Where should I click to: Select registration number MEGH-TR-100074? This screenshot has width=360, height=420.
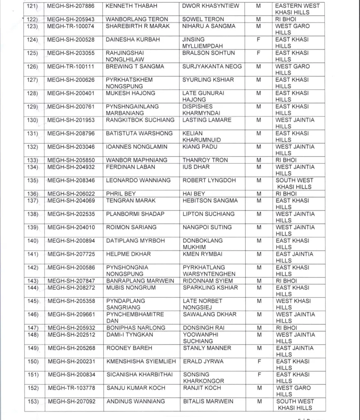(x=71, y=26)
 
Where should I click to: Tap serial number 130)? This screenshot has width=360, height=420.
(x=33, y=120)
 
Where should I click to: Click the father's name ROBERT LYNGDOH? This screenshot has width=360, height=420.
(x=208, y=180)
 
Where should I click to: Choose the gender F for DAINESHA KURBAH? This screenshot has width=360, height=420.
(x=258, y=40)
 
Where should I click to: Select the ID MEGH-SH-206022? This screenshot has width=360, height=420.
(x=71, y=194)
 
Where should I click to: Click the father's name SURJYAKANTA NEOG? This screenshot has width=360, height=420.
(x=212, y=66)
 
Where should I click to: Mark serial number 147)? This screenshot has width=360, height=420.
(x=33, y=328)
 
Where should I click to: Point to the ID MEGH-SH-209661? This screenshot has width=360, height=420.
(x=71, y=315)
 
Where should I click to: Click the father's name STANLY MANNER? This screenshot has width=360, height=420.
(x=207, y=348)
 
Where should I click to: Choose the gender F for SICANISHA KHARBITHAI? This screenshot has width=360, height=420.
(x=259, y=374)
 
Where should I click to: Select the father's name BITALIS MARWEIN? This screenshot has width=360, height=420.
(x=208, y=402)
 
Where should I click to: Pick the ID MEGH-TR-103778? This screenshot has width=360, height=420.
(x=71, y=388)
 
